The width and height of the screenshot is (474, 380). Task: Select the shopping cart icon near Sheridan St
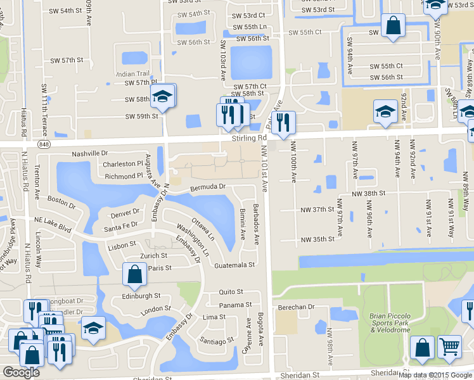click(x=449, y=348)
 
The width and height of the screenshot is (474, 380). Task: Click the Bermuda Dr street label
click(x=210, y=187)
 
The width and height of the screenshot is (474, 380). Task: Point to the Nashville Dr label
click(x=90, y=154)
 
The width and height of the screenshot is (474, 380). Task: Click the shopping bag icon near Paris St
click(x=134, y=275)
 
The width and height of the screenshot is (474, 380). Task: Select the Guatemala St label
click(x=234, y=265)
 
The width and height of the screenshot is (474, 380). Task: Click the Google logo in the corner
click(x=21, y=372)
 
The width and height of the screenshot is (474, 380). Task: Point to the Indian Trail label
click(x=132, y=74)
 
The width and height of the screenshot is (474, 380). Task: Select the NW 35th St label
click(x=317, y=239)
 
